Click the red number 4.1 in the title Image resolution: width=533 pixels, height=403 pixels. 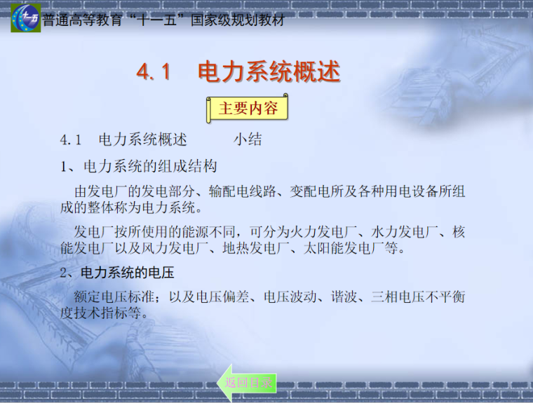154,72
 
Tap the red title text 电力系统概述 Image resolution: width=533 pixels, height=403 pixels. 269,72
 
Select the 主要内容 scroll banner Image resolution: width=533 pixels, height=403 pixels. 248,109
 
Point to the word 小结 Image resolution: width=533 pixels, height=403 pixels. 248,139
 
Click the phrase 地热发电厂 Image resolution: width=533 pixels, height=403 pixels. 257,248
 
